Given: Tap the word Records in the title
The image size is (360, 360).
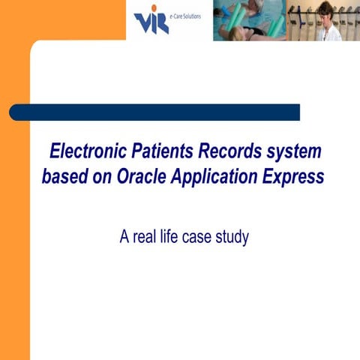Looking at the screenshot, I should point(227,152).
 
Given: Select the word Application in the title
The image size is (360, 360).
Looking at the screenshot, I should point(221,178).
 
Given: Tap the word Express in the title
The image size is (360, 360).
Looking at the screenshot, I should point(296,178).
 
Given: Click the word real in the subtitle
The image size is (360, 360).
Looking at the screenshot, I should point(145,238).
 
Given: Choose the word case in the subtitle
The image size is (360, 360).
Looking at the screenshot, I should point(199,238).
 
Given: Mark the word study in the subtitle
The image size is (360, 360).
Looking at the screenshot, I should point(232,238).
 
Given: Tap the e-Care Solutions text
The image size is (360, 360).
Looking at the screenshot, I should point(186,15).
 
